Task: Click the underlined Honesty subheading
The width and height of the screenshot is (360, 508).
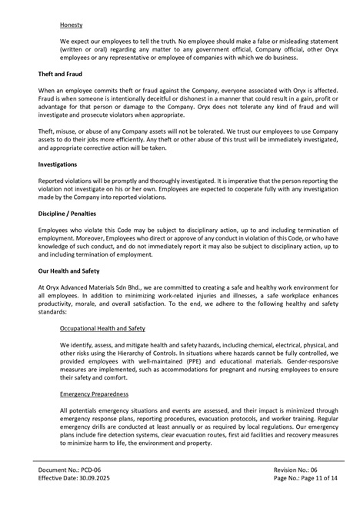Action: click(x=71, y=25)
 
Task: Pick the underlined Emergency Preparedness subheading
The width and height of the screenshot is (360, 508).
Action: click(x=94, y=393)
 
